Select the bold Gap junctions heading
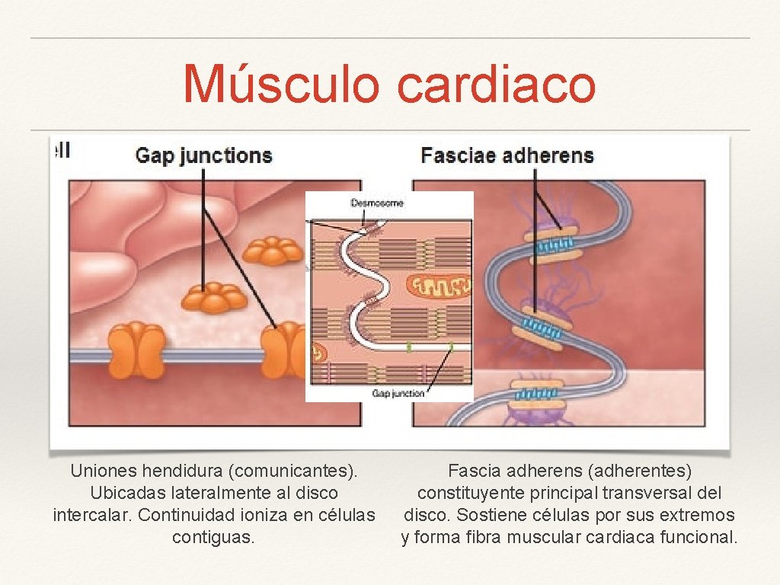203,156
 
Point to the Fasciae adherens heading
507,156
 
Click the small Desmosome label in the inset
377,203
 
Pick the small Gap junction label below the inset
398,393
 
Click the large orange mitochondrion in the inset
437,286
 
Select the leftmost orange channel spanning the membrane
137,350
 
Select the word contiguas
213,537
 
